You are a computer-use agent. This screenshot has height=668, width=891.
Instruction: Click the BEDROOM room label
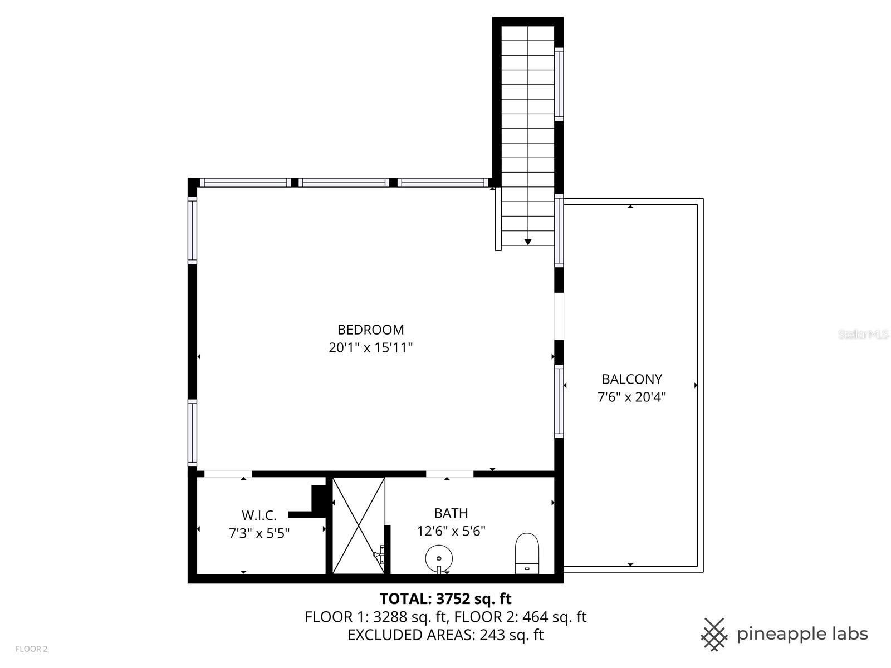coord(370,330)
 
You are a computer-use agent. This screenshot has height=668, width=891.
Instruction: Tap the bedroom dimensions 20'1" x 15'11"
coord(370,348)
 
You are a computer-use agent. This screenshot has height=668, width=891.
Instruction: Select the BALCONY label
coord(631,379)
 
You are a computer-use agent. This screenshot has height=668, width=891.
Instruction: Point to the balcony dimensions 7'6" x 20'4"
coord(631,397)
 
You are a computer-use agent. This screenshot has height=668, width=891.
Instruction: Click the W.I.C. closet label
coord(259,515)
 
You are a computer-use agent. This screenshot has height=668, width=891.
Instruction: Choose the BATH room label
coord(451,513)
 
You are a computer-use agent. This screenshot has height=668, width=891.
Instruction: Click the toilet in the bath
coord(527,553)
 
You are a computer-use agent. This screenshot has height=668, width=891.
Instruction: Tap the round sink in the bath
coord(439,558)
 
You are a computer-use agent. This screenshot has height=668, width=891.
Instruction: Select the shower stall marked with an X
coord(359,525)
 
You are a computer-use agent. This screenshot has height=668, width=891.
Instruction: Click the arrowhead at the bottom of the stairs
coord(528,242)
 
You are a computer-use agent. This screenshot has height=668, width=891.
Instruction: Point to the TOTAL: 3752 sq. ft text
coord(445,599)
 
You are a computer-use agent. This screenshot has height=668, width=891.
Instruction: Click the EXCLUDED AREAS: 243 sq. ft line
coord(445,635)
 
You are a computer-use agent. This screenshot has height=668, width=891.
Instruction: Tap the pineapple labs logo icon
coord(714,634)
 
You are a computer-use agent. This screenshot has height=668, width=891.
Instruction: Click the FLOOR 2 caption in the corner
coord(32,649)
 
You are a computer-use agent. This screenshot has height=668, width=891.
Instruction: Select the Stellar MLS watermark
coord(863,335)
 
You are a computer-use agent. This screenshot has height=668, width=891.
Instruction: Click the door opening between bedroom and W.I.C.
coord(228,474)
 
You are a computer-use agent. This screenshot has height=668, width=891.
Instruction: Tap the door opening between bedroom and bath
coord(449,474)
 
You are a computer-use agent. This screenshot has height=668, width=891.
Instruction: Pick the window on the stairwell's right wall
coord(559,83)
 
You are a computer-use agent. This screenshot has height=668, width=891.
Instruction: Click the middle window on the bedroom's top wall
coord(345,183)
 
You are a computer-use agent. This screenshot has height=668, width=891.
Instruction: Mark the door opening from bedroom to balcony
coord(559,316)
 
